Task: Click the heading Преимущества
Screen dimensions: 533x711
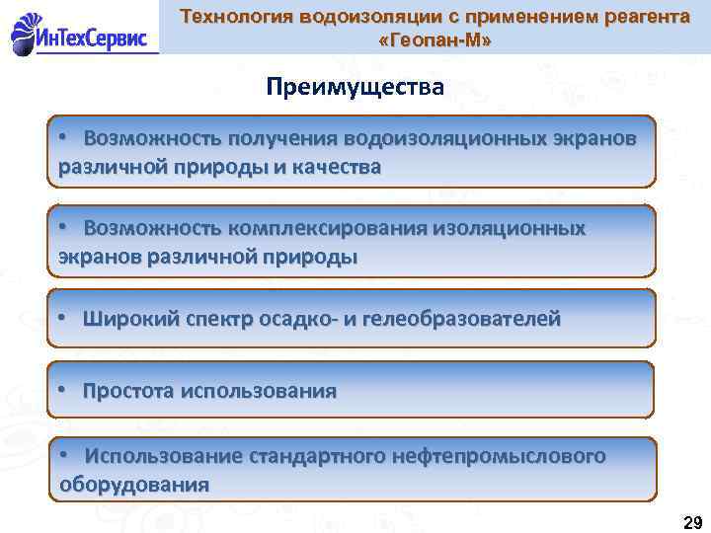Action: (x=355, y=87)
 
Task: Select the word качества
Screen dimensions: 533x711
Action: (x=335, y=166)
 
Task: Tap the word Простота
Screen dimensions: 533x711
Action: (x=127, y=391)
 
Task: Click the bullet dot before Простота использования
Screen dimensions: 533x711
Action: (x=61, y=390)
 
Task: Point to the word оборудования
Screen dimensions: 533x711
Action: (x=134, y=485)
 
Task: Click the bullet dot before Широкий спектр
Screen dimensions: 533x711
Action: (x=61, y=318)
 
